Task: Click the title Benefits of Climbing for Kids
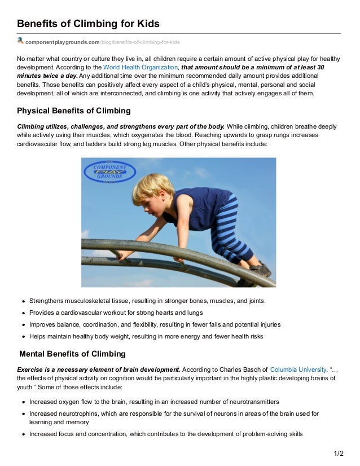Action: pyautogui.click(x=88, y=24)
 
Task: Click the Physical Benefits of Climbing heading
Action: pyautogui.click(x=74, y=111)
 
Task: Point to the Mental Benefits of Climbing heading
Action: pyautogui.click(x=72, y=354)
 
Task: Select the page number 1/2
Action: pyautogui.click(x=338, y=454)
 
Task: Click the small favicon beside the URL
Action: pyautogui.click(x=20, y=41)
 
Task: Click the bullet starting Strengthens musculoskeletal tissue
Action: pyautogui.click(x=147, y=301)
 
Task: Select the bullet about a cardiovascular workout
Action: pyautogui.click(x=116, y=313)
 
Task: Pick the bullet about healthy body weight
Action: pyautogui.click(x=146, y=337)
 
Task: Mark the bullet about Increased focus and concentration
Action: pyautogui.click(x=166, y=434)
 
